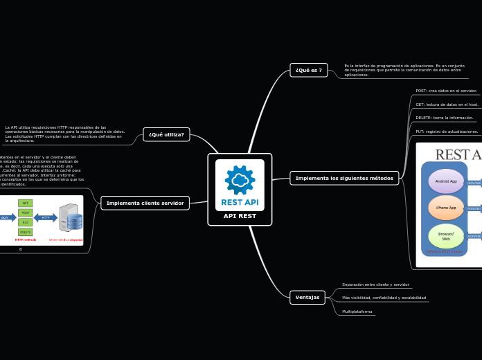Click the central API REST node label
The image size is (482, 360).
pos(240,216)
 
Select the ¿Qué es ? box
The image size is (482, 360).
pos(308,70)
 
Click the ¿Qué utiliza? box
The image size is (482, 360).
pos(166,134)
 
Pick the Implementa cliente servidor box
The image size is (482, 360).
pos(145,203)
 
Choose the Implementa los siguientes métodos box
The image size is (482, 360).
pos(343,178)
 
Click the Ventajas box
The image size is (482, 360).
pos(307,297)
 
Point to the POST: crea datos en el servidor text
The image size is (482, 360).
pos(445,91)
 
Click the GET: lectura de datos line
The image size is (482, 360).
pos(447,105)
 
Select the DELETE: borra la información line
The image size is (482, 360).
pos(444,118)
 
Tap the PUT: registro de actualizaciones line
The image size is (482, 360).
pos(446,131)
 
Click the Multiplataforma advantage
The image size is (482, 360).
pos(357,312)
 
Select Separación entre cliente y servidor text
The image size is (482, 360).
pos(375,285)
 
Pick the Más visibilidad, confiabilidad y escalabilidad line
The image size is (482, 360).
pos(384,298)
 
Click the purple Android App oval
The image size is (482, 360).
pos(445,181)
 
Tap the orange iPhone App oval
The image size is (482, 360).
pos(445,208)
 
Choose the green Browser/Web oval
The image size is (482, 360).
pos(445,235)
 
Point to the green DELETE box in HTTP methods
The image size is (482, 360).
pos(25,232)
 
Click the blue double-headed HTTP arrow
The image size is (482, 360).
pos(46,217)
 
